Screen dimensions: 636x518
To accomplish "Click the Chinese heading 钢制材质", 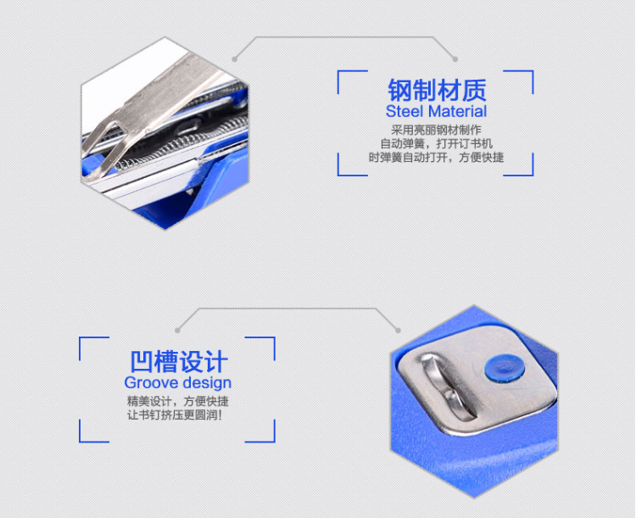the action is click(437, 90).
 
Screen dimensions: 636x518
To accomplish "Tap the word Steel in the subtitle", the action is click(404, 111).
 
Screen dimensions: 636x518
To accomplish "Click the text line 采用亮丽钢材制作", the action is click(436, 130).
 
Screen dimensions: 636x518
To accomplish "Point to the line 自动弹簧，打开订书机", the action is click(437, 143).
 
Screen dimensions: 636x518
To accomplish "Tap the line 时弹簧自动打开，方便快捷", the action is click(436, 157).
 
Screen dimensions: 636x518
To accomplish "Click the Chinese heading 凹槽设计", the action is click(179, 361).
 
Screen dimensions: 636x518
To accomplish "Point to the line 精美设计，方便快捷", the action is click(178, 401).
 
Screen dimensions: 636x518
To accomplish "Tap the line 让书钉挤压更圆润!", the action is click(175, 415).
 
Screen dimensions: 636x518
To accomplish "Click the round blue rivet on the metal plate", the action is click(505, 368).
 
